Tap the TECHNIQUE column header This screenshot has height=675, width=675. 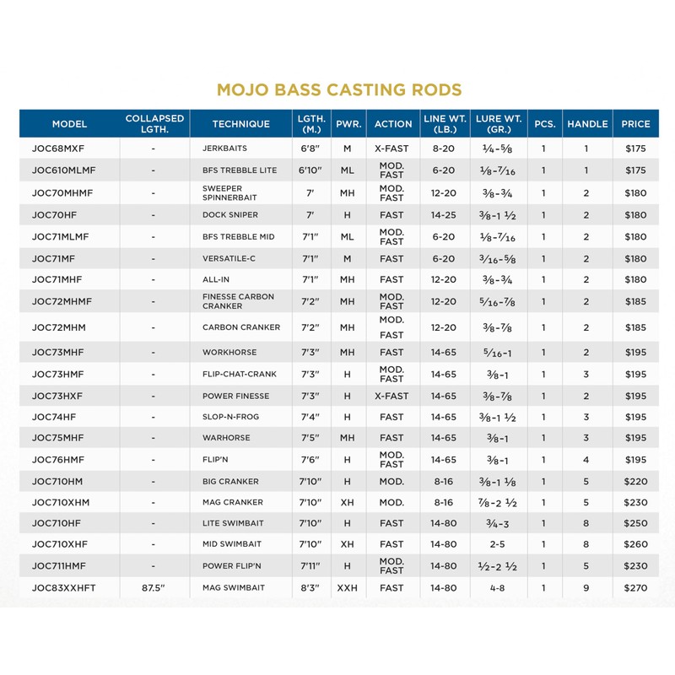pyautogui.click(x=241, y=124)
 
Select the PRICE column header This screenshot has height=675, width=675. pyautogui.click(x=635, y=124)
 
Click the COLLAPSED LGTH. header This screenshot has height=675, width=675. pyautogui.click(x=154, y=124)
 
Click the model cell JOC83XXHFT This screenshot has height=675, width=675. pyautogui.click(x=69, y=588)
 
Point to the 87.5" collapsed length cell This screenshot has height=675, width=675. pyautogui.click(x=154, y=588)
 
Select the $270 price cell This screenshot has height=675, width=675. pyautogui.click(x=635, y=588)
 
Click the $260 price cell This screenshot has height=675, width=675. pyautogui.click(x=635, y=544)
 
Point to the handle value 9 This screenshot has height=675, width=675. pyautogui.click(x=586, y=588)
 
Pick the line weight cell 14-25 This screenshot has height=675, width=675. pyautogui.click(x=444, y=215)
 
